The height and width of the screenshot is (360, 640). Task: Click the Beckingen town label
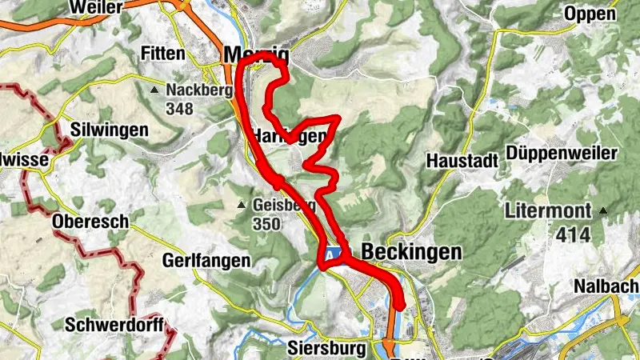point(412,252)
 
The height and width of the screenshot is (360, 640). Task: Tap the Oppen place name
point(590,14)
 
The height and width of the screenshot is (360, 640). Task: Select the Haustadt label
point(462,161)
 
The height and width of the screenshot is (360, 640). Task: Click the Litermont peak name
point(551,212)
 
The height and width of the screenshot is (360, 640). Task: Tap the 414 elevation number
point(569,234)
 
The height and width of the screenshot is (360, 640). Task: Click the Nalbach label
point(606,286)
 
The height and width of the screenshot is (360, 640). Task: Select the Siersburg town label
point(326,349)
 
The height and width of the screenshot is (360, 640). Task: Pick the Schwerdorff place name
point(115,325)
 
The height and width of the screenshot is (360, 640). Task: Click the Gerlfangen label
point(206,261)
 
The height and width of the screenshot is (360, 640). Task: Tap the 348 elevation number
point(179,108)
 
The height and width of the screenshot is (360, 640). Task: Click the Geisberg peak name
point(282,205)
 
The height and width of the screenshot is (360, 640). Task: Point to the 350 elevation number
point(266,224)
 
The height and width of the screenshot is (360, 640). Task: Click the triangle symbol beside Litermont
point(604,211)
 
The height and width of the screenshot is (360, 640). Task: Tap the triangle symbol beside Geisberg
point(242,206)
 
